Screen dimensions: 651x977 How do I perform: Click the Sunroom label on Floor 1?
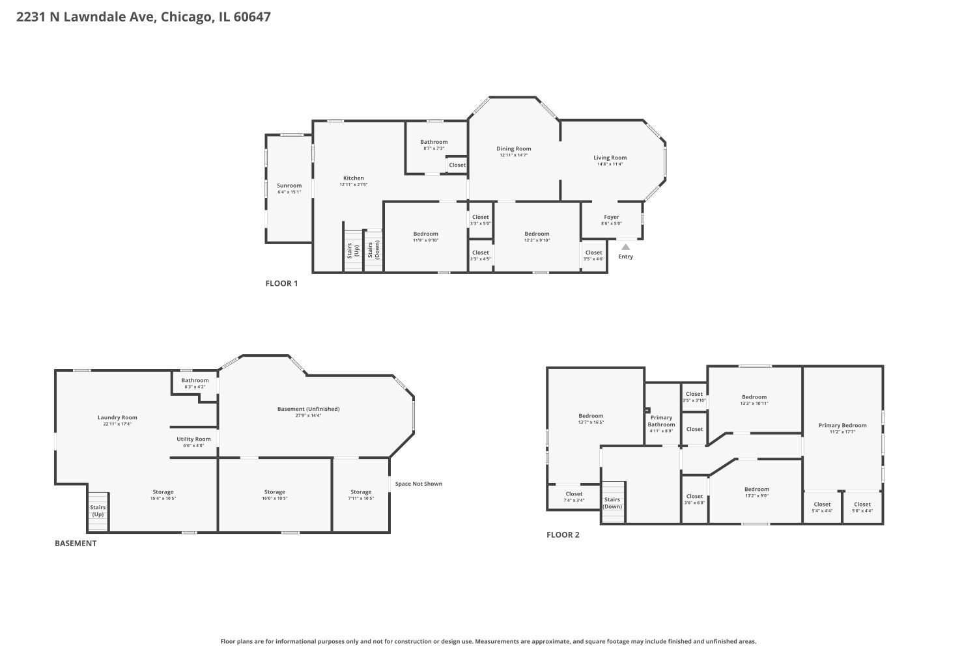[289, 186]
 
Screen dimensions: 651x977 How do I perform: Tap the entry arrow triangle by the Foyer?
[625, 247]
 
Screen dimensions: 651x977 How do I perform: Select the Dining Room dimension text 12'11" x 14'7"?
[513, 156]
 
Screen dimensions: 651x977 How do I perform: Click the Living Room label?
[610, 158]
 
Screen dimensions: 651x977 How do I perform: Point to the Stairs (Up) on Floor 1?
[352, 251]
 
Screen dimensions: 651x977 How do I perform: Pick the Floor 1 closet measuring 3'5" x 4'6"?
[593, 255]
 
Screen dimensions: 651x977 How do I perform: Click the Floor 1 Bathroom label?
[434, 142]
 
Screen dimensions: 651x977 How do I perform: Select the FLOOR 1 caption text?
[281, 283]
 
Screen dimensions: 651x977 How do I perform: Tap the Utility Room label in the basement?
[193, 439]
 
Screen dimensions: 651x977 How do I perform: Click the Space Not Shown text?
[418, 484]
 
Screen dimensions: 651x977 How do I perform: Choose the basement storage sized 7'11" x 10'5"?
[361, 495]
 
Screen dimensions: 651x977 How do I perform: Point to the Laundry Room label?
[117, 418]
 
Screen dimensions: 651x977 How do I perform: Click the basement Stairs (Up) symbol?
[98, 511]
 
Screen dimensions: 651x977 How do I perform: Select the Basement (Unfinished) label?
[308, 409]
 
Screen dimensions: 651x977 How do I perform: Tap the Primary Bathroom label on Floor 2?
[661, 421]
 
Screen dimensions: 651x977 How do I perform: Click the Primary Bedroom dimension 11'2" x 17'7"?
[842, 432]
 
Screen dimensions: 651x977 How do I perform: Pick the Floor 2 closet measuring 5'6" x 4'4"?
[862, 507]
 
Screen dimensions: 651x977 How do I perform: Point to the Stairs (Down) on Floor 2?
[612, 503]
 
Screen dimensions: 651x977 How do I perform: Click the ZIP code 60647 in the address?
[252, 17]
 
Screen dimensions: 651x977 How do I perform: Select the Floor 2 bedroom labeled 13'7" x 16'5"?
[591, 419]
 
